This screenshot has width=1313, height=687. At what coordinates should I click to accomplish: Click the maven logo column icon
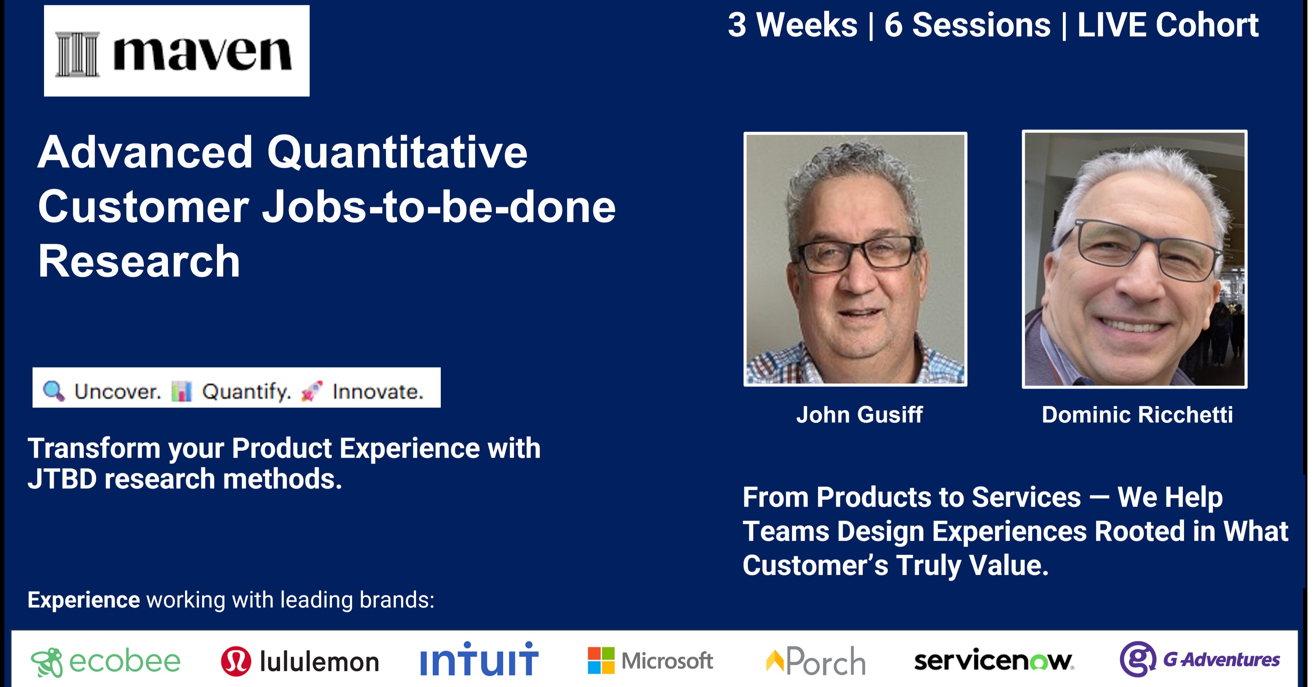click(x=77, y=54)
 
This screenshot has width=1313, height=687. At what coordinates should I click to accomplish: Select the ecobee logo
click(x=105, y=662)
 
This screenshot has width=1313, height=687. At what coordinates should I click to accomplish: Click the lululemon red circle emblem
click(x=236, y=661)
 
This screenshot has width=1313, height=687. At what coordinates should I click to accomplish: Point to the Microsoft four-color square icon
click(x=601, y=660)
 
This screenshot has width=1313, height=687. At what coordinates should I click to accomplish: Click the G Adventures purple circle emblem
click(x=1137, y=659)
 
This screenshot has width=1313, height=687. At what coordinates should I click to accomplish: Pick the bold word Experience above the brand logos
click(x=84, y=600)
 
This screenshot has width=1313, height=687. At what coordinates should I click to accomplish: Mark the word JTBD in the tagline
click(x=62, y=479)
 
